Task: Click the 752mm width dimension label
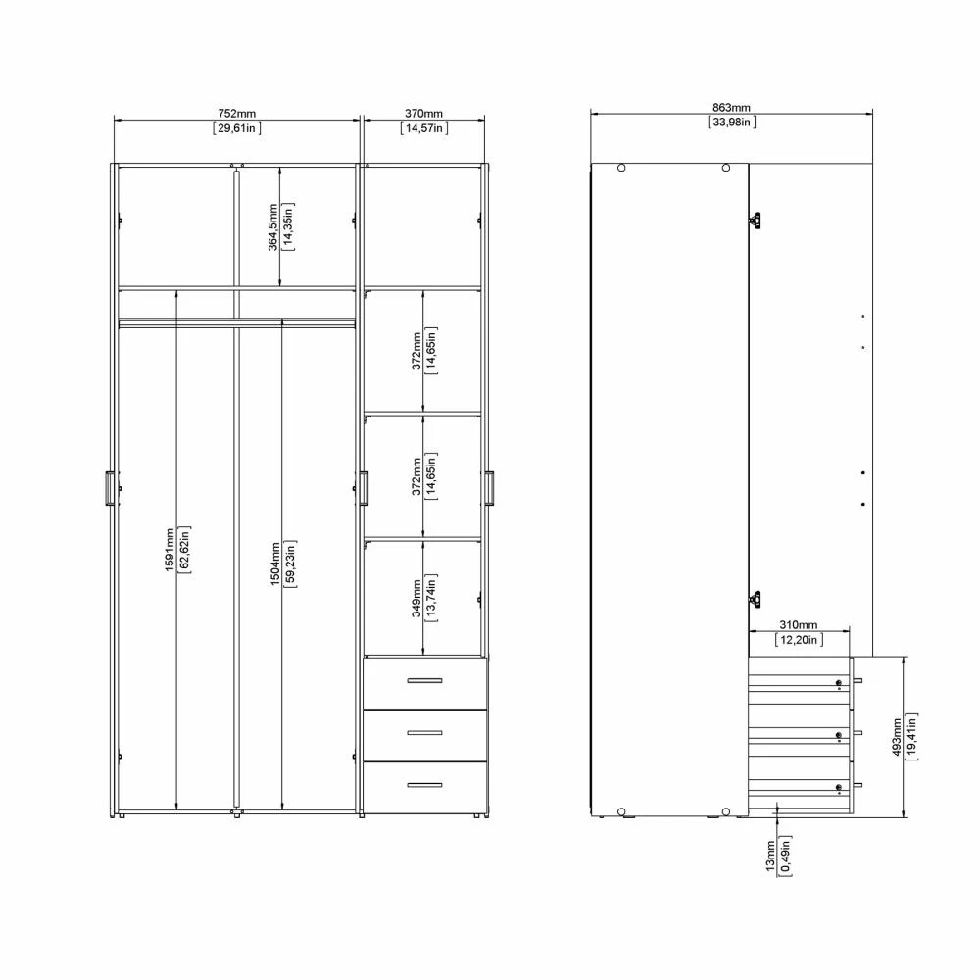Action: [237, 114]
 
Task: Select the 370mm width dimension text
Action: [423, 114]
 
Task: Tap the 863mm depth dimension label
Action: [731, 108]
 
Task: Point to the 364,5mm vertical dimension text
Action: [273, 226]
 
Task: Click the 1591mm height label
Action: [170, 550]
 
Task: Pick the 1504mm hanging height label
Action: [275, 563]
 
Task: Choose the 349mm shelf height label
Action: [416, 598]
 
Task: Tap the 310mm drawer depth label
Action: [798, 625]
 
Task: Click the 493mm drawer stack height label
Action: [897, 738]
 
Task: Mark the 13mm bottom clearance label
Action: [770, 856]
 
